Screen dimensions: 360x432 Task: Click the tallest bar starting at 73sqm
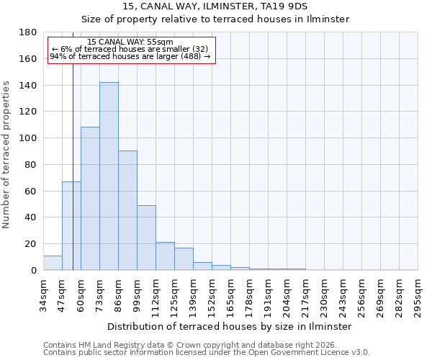click(x=109, y=176)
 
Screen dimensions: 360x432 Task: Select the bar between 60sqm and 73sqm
click(x=90, y=199)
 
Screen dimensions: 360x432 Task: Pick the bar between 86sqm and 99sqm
click(x=127, y=210)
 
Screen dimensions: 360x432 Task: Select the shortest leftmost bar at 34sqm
click(x=53, y=263)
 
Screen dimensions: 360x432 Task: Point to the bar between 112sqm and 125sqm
click(x=165, y=256)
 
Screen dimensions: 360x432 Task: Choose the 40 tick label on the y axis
click(x=30, y=217)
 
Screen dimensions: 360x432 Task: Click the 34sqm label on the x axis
click(x=44, y=294)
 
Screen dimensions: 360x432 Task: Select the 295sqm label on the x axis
click(x=418, y=296)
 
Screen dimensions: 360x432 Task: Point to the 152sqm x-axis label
click(x=212, y=296)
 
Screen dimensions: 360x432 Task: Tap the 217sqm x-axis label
click(x=306, y=296)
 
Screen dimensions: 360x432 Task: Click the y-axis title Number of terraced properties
click(x=6, y=155)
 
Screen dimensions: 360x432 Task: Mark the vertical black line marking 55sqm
click(x=73, y=180)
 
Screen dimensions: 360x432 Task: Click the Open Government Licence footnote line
click(x=207, y=353)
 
